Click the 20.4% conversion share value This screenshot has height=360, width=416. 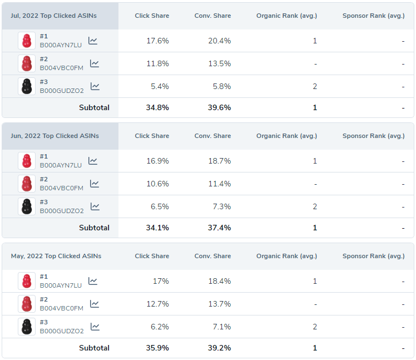click(x=219, y=41)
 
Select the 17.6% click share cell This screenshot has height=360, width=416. click(x=157, y=41)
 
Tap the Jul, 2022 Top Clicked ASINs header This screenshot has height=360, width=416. click(x=53, y=16)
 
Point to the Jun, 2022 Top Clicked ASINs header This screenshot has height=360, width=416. click(x=55, y=136)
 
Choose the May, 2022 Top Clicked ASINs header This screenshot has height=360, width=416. click(x=56, y=256)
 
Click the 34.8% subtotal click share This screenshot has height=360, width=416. click(x=157, y=107)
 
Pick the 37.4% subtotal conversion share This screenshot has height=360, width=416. click(x=219, y=228)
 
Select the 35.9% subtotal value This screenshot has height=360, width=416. click(x=157, y=348)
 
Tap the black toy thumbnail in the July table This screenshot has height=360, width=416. click(x=26, y=86)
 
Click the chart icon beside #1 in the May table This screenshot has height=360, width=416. click(x=93, y=281)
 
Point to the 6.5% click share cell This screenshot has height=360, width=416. click(x=160, y=206)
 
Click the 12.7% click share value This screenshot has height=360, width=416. click(x=157, y=304)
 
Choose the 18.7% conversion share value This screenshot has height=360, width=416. click(x=219, y=161)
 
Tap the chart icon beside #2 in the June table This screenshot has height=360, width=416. click(x=95, y=184)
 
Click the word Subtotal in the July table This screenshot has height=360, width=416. click(x=94, y=107)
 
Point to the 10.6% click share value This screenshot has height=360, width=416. click(x=157, y=184)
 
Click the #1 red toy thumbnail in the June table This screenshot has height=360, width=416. click(x=26, y=161)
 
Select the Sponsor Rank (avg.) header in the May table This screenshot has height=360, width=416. click(x=373, y=256)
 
